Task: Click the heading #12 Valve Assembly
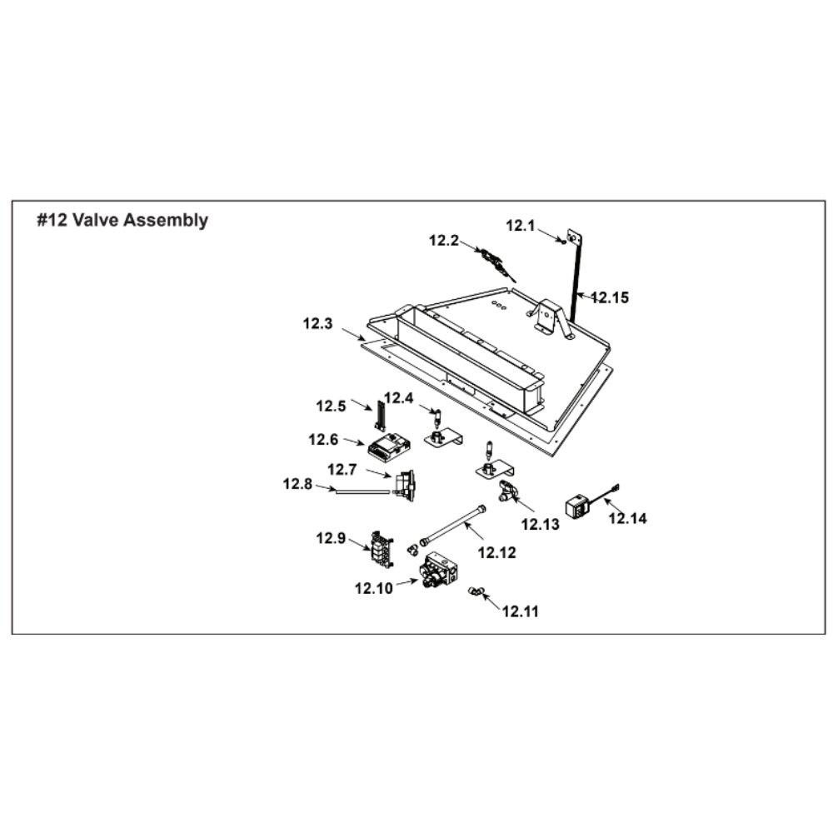point(122,221)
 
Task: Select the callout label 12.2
point(444,242)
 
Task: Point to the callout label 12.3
point(318,325)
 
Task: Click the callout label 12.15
point(611,296)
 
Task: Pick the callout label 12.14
point(627,518)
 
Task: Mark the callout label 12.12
point(497,551)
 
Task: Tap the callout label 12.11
point(521,611)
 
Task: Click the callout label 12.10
point(373,588)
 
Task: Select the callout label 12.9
point(330,538)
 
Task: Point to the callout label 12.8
point(297,483)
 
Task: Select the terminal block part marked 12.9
point(379,546)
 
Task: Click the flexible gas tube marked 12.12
point(454,524)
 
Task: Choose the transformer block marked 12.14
point(576,506)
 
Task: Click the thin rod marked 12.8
point(363,492)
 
